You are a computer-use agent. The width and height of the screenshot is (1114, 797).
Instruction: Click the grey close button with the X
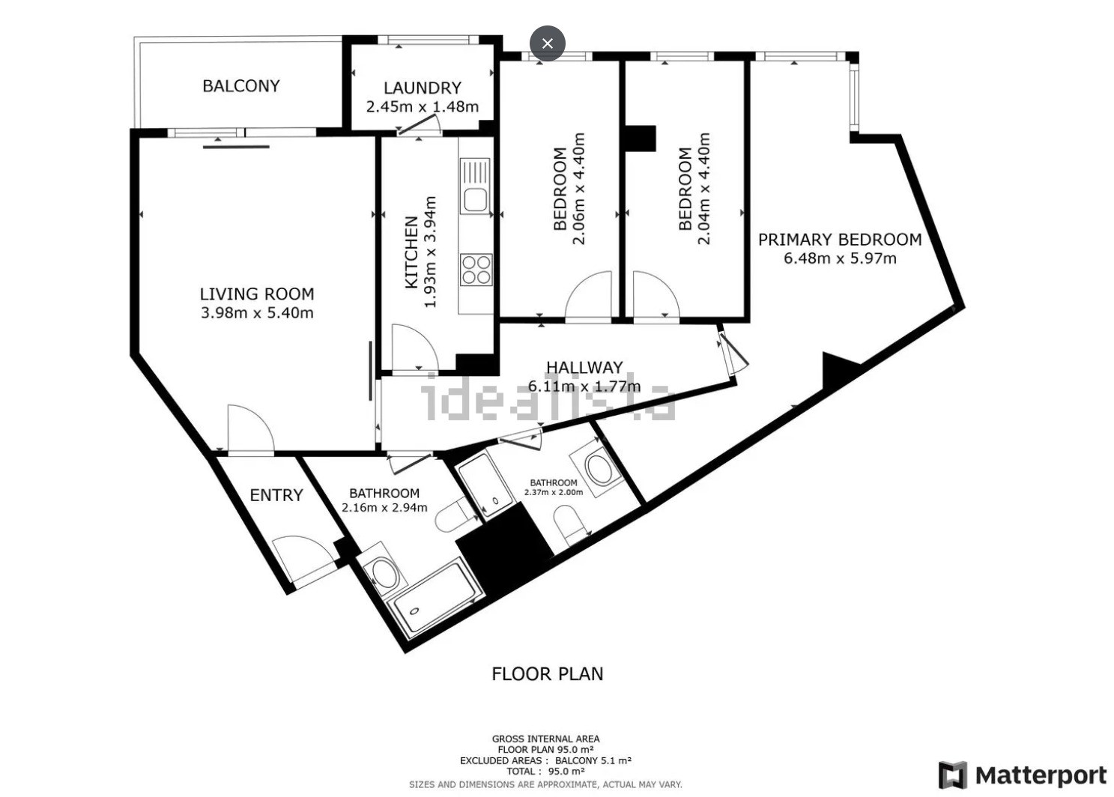click(x=547, y=43)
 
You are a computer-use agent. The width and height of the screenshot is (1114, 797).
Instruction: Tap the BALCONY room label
click(x=241, y=86)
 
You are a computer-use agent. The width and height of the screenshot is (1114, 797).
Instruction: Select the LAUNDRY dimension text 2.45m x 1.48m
click(x=423, y=107)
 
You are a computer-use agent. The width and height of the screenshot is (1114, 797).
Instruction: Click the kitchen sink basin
click(x=476, y=200)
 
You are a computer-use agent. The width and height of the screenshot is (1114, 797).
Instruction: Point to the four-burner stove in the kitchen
click(x=476, y=270)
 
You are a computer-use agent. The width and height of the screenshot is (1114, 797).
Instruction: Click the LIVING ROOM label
click(x=257, y=294)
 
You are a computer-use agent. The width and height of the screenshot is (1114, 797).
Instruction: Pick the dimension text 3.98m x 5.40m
click(x=257, y=313)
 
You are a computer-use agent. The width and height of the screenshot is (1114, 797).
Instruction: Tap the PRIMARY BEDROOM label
click(x=840, y=240)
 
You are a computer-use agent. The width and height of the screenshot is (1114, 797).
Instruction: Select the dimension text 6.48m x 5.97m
click(x=840, y=258)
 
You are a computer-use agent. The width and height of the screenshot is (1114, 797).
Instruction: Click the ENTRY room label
click(x=276, y=495)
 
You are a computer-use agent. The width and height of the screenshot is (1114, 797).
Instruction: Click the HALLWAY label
click(x=584, y=368)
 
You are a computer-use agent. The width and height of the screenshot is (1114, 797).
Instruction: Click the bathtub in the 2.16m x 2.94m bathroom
click(x=434, y=598)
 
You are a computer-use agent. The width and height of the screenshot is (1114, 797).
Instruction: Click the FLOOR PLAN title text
click(x=547, y=673)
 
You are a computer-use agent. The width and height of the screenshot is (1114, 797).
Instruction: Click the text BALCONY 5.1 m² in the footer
click(x=593, y=760)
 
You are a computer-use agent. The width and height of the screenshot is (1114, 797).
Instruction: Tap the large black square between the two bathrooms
click(x=504, y=546)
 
